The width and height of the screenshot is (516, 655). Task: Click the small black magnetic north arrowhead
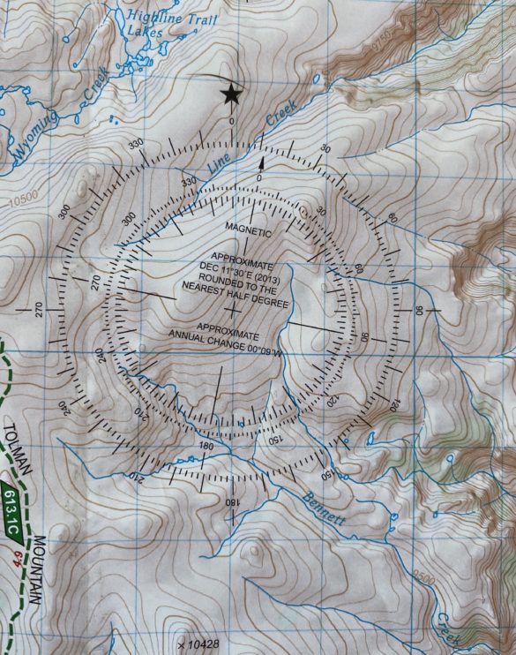[x=261, y=162]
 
